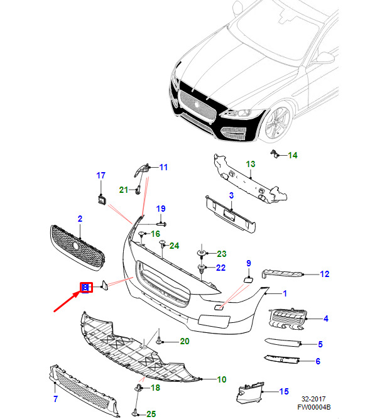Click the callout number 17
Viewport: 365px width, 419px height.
tap(101, 175)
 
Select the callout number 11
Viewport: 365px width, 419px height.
tap(163, 167)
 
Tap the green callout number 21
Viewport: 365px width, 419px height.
tap(124, 190)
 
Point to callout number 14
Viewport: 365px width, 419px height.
tap(293, 155)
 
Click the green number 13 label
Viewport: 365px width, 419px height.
tap(251, 164)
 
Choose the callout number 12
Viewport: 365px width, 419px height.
tap(325, 274)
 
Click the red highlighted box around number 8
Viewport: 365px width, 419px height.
tap(86, 288)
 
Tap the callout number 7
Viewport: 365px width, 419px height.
tap(55, 399)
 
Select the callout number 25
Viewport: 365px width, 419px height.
tap(151, 414)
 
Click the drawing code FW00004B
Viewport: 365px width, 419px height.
tap(314, 407)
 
